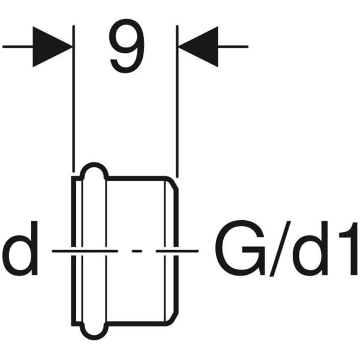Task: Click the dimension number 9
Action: coord(127,46)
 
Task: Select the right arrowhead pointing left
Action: coord(199,47)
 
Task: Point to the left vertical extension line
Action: coord(73,98)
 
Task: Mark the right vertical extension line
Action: coord(177,101)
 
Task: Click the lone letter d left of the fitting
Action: coord(20,248)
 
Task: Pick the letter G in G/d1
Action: coord(240,248)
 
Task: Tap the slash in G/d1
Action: coord(280,248)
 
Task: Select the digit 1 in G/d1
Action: coord(349,248)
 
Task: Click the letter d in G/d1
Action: coord(310,248)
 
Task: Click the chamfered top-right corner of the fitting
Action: coord(173,182)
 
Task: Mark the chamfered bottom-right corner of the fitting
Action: coord(173,320)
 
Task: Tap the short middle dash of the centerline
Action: coord(137,251)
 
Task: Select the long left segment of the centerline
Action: coord(85,251)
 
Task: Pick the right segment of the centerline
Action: coord(177,251)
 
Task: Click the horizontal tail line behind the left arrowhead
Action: coord(18,47)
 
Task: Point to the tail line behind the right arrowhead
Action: coord(233,47)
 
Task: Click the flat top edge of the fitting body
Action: coord(137,178)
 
